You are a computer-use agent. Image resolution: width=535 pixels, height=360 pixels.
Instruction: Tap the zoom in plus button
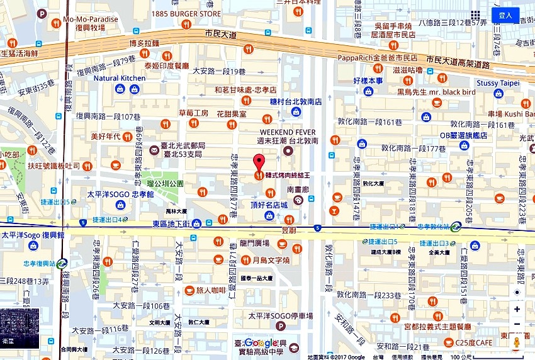point(517,310)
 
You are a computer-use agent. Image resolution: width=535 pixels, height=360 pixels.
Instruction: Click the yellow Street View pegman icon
point(517,342)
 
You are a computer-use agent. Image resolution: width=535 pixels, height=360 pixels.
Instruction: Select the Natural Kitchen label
point(120,78)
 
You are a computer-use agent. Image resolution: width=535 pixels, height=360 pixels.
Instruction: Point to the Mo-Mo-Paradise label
point(90,20)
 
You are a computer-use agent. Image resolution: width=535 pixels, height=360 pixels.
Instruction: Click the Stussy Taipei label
point(497,83)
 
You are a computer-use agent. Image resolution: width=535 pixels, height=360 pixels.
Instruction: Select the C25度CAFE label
point(476,342)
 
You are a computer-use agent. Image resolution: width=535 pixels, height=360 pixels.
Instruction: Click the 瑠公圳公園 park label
point(164,183)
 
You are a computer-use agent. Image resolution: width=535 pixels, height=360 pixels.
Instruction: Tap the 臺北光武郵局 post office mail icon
point(154,150)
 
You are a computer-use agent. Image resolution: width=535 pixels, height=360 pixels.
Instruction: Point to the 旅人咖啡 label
point(210,290)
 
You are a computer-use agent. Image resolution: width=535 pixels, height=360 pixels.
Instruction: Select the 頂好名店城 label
point(269,205)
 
